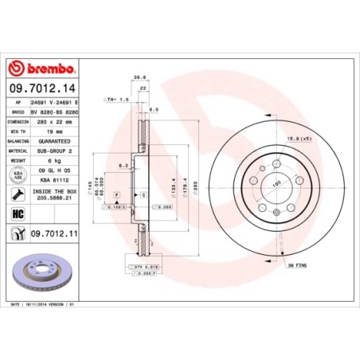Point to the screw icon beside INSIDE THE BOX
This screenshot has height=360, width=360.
[17, 194]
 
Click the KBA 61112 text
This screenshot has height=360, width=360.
[46, 179]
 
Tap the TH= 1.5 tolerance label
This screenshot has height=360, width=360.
[116, 100]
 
